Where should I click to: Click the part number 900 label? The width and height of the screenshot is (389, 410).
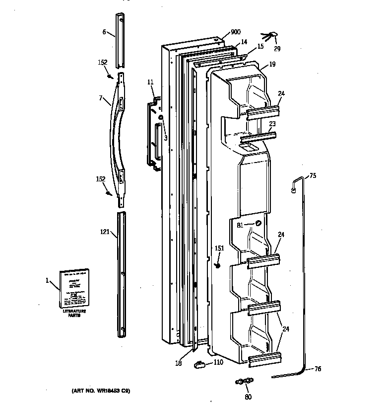pos(235,32)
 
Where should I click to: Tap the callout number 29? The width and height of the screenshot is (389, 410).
pos(277,48)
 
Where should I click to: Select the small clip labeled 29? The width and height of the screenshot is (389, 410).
pos(270,36)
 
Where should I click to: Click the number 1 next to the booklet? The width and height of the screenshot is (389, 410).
pos(48,281)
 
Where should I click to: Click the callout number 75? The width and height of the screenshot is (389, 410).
pos(313,175)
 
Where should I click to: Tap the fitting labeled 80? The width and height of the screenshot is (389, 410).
pos(243,381)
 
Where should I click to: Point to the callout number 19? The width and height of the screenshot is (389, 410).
pos(272,64)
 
